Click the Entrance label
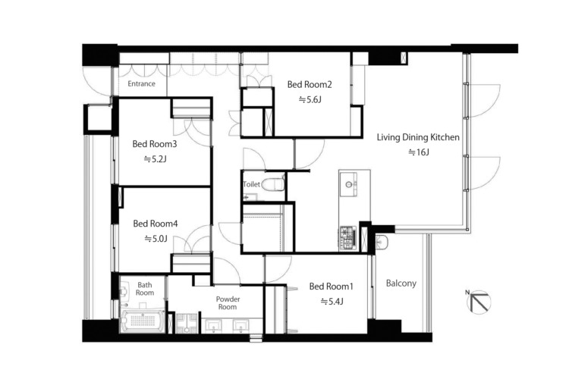pyautogui.click(x=142, y=84)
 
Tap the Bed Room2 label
pyautogui.click(x=310, y=84)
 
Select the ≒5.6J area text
pyautogui.click(x=310, y=99)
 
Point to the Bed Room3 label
pyautogui.click(x=155, y=144)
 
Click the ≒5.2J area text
pyautogui.click(x=155, y=159)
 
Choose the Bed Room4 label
pyautogui.click(x=156, y=224)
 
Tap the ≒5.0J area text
pyautogui.click(x=156, y=239)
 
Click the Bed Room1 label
pyautogui.click(x=331, y=287)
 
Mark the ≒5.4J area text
pyautogui.click(x=332, y=302)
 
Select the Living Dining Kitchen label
pyautogui.click(x=418, y=137)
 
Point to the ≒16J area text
pyautogui.click(x=418, y=152)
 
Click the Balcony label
pyautogui.click(x=401, y=283)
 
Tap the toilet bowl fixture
pyautogui.click(x=272, y=184)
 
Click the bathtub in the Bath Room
pyautogui.click(x=143, y=321)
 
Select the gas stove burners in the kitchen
pyautogui.click(x=347, y=238)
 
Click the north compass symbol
pyautogui.click(x=479, y=302)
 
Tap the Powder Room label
pyautogui.click(x=228, y=303)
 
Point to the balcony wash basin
pyautogui.click(x=382, y=242)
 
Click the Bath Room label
pyautogui.click(x=145, y=289)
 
